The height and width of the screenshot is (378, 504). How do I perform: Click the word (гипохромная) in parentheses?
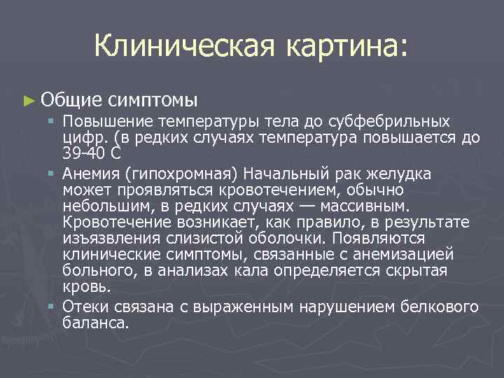(178, 173)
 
